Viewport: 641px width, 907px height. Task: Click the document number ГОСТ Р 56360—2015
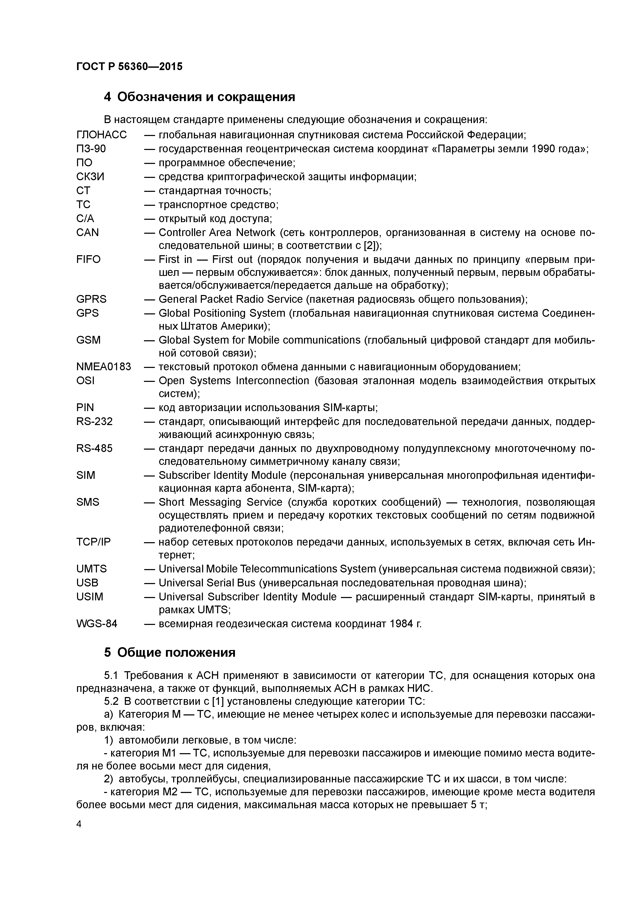point(129,66)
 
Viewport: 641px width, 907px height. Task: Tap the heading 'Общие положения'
point(176,652)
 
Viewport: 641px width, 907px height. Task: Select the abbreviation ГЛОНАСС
point(102,135)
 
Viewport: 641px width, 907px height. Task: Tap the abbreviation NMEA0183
point(103,367)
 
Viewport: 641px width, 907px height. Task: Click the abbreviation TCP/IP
point(94,542)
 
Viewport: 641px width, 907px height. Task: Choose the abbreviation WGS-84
point(97,624)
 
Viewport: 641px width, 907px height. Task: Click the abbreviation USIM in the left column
point(90,596)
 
